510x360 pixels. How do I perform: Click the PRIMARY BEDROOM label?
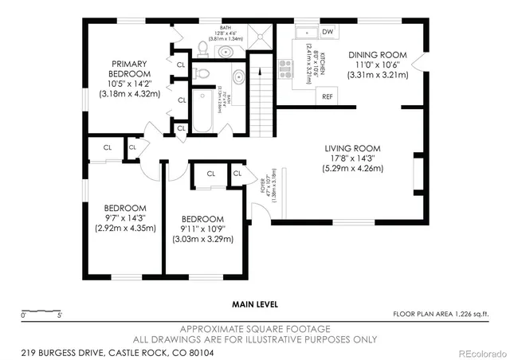point(129,68)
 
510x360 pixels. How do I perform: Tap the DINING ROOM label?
point(378,55)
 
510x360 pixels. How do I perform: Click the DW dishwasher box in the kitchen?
point(327,32)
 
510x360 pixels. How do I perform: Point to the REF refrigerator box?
point(327,96)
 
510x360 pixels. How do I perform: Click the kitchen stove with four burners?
point(284,67)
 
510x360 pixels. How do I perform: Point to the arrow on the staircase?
point(261,88)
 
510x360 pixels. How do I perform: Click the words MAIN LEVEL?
point(254,303)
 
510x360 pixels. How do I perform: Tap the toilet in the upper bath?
point(202,49)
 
